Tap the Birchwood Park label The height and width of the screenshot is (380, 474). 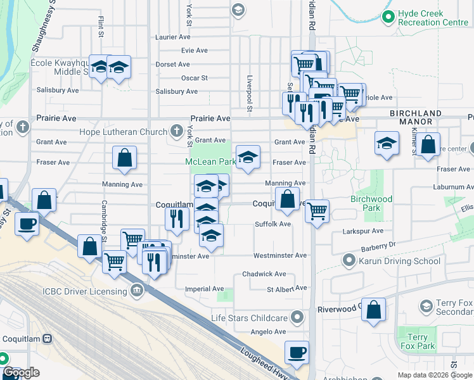click(x=371, y=203)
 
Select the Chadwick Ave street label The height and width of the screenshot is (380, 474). click(x=264, y=274)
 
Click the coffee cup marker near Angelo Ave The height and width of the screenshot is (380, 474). click(x=296, y=351)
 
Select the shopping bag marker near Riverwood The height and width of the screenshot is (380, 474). click(x=375, y=310)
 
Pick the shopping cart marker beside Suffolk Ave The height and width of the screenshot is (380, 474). click(x=317, y=210)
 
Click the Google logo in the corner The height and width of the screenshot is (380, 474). click(x=21, y=372)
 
